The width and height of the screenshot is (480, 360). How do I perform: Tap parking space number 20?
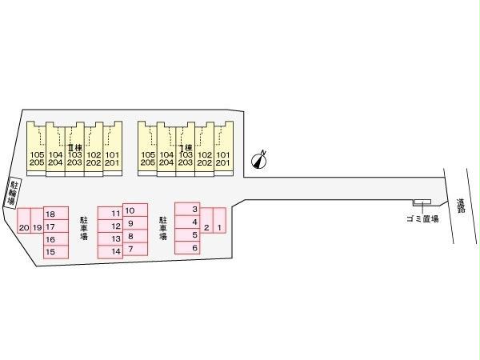click(x=24, y=228)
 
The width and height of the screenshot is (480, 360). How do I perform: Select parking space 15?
click(x=50, y=252)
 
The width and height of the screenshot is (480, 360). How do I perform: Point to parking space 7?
click(x=130, y=250)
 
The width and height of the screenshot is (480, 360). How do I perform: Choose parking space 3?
click(x=194, y=210)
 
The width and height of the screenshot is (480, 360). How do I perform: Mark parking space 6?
click(x=194, y=248)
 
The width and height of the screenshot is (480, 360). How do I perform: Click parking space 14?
click(x=116, y=251)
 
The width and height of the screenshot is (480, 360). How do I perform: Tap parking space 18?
click(x=50, y=214)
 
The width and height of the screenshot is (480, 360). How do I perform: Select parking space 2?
click(x=206, y=228)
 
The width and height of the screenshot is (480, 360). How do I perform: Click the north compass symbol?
click(x=258, y=159)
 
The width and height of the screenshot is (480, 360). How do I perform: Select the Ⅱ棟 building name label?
click(x=74, y=148)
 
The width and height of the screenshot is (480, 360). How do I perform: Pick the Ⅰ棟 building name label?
click(x=186, y=148)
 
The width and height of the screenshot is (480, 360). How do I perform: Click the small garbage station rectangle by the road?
click(x=422, y=201)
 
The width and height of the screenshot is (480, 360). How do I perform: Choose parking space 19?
click(x=37, y=228)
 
